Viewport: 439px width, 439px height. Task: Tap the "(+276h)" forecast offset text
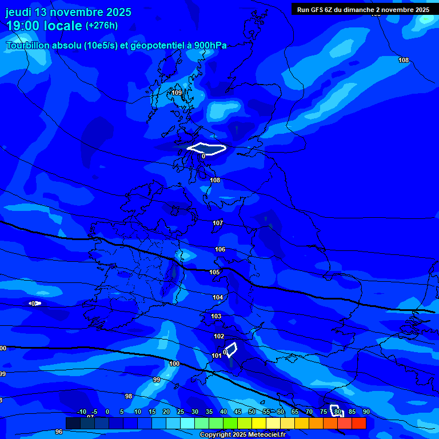(x=102, y=25)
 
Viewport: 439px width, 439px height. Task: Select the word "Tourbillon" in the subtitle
(x=29, y=46)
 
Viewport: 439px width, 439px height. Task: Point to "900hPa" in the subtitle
(x=210, y=46)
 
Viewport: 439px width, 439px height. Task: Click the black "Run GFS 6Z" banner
(x=364, y=9)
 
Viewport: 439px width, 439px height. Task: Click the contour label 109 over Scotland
(x=177, y=93)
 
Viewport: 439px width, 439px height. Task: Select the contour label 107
(x=218, y=223)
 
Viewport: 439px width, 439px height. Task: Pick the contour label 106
(x=220, y=249)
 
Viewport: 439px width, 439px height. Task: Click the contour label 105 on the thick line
(x=214, y=272)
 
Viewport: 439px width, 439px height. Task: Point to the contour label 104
(x=218, y=297)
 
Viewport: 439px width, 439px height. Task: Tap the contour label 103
(x=216, y=316)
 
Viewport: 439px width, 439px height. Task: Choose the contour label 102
(x=219, y=336)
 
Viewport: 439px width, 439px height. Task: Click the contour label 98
(x=129, y=396)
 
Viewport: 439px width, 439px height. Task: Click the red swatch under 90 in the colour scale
(x=359, y=424)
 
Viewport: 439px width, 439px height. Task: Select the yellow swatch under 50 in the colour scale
(x=259, y=424)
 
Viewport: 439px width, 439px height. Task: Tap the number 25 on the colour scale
(x=181, y=412)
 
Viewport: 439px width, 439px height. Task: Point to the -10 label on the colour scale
(x=82, y=412)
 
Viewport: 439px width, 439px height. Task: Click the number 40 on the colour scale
(x=224, y=412)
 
